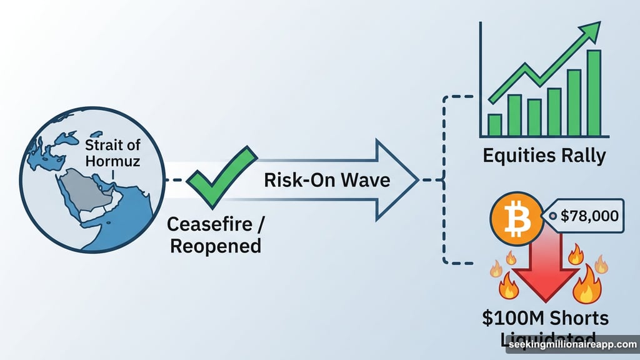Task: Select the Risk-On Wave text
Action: (327, 180)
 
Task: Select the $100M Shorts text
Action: (544, 318)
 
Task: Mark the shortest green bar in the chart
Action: (495, 124)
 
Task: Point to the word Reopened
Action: (216, 246)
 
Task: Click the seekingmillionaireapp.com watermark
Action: (571, 344)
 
